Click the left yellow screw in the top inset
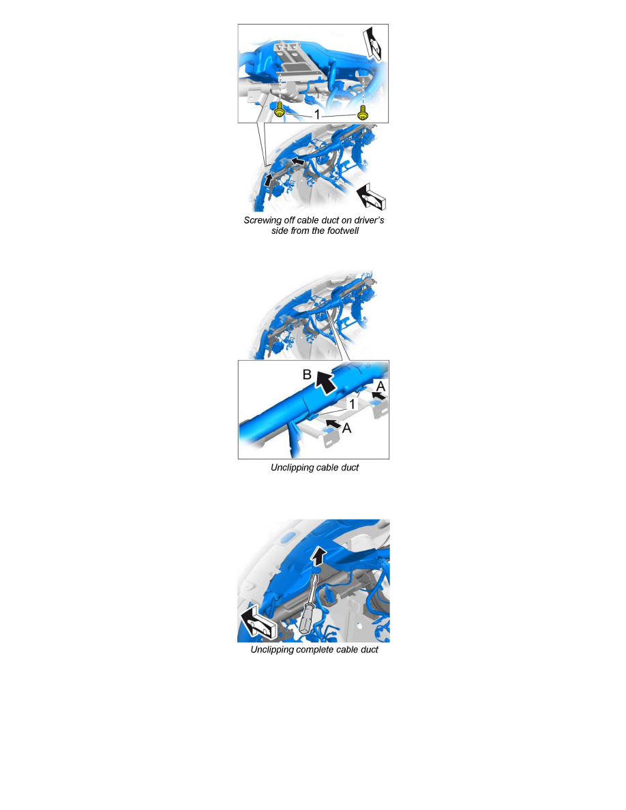[280, 110]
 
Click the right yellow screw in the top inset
[363, 111]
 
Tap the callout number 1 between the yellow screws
[317, 114]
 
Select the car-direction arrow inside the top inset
[374, 44]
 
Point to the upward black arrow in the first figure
[268, 180]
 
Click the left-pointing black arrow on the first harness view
[297, 162]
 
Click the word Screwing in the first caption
[263, 221]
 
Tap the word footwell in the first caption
[343, 231]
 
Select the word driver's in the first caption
[368, 220]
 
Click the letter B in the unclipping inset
[307, 374]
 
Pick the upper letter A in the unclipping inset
[381, 387]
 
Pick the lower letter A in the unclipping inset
[346, 428]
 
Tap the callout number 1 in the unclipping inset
[353, 404]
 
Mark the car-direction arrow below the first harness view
[372, 196]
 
